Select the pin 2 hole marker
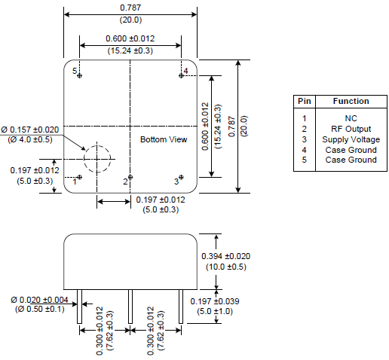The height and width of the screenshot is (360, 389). [130, 177]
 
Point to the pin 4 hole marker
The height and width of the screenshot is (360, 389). [181, 75]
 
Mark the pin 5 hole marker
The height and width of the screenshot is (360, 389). [81, 75]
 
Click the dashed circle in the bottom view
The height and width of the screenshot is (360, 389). [96, 158]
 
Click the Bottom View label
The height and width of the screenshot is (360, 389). [164, 139]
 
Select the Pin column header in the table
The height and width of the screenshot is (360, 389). [304, 101]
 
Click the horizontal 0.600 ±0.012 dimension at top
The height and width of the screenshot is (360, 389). [130, 39]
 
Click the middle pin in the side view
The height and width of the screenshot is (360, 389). [130, 306]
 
